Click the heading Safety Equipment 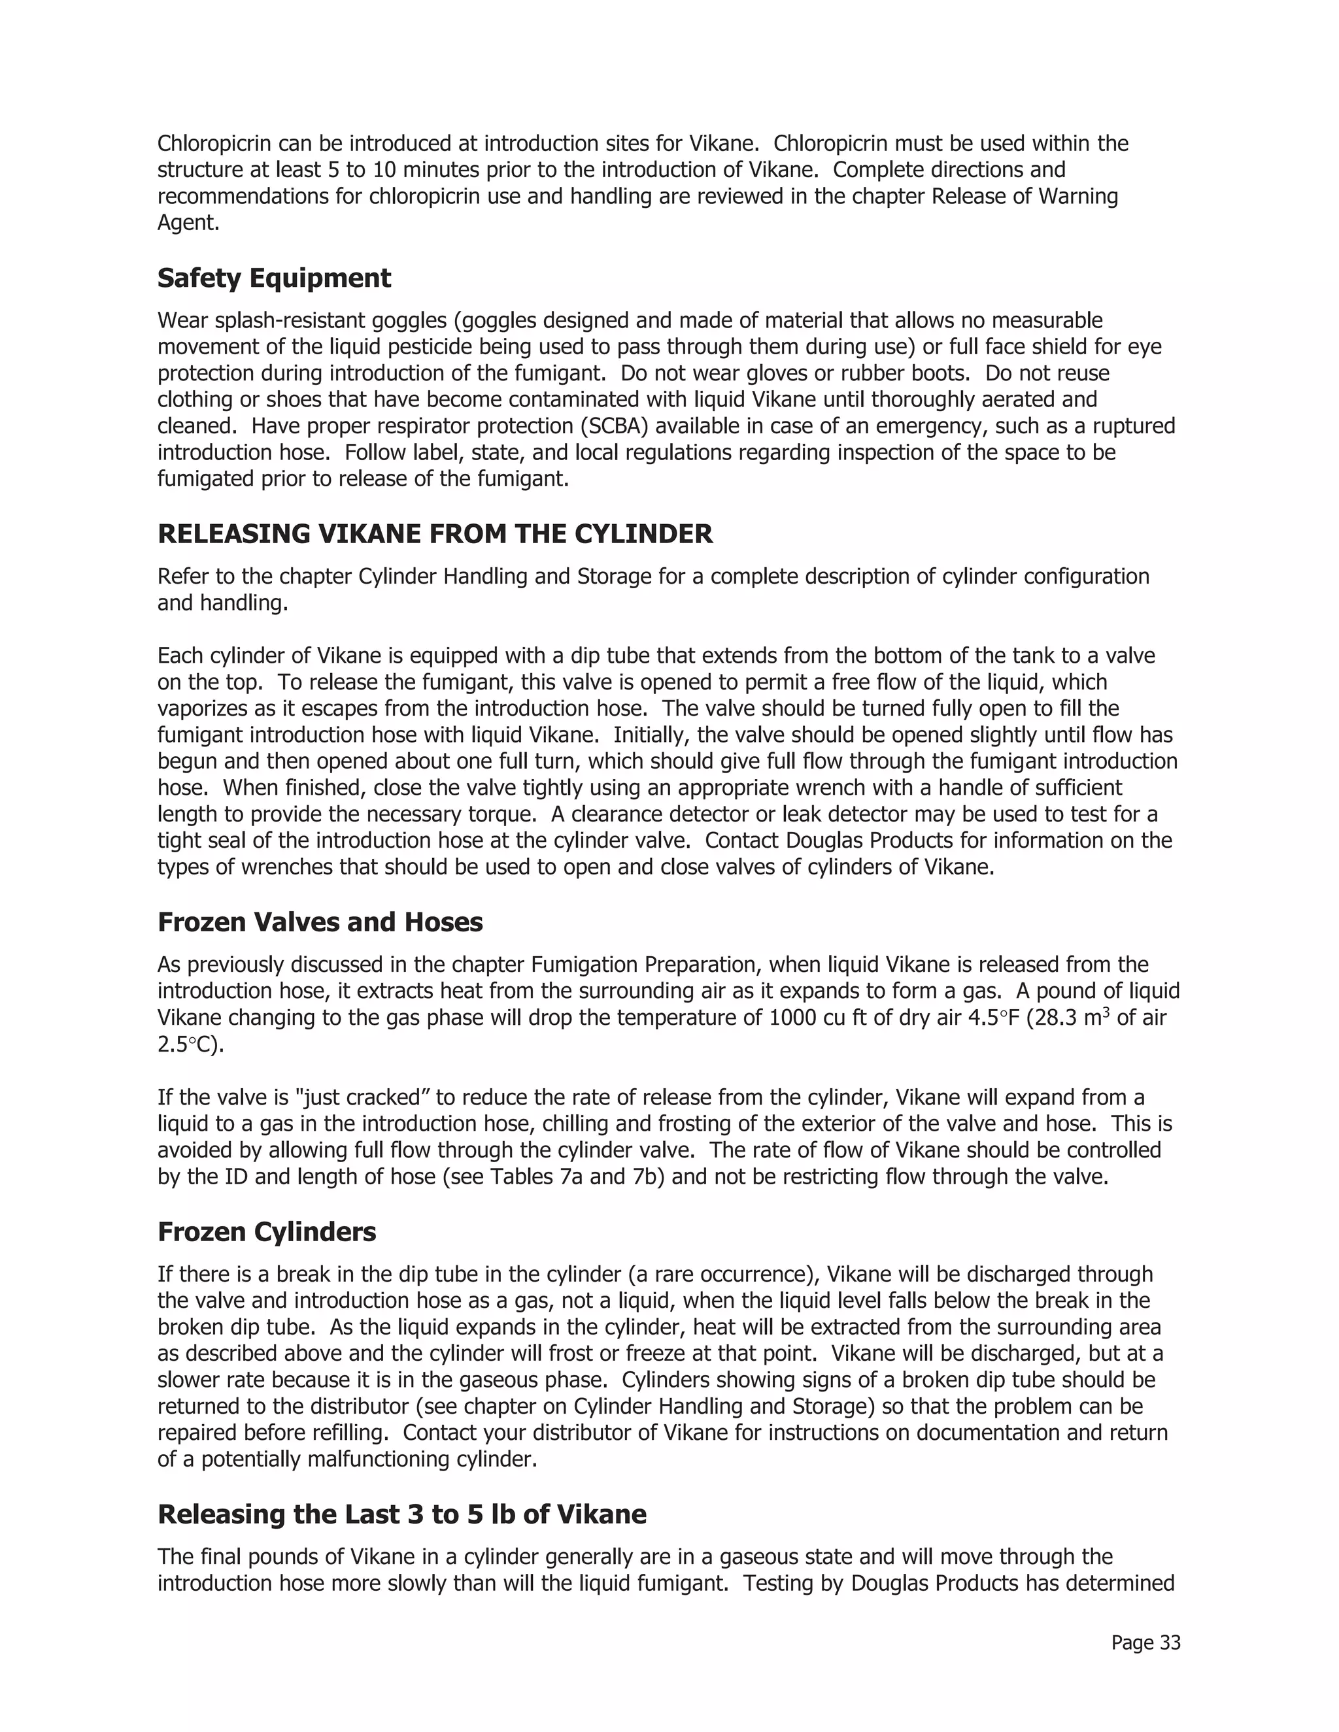[274, 278]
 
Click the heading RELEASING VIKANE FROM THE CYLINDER [435, 534]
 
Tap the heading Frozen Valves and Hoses [320, 922]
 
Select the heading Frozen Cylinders [267, 1231]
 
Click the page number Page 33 [1145, 1642]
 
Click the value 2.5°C [190, 1044]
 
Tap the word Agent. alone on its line [188, 223]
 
